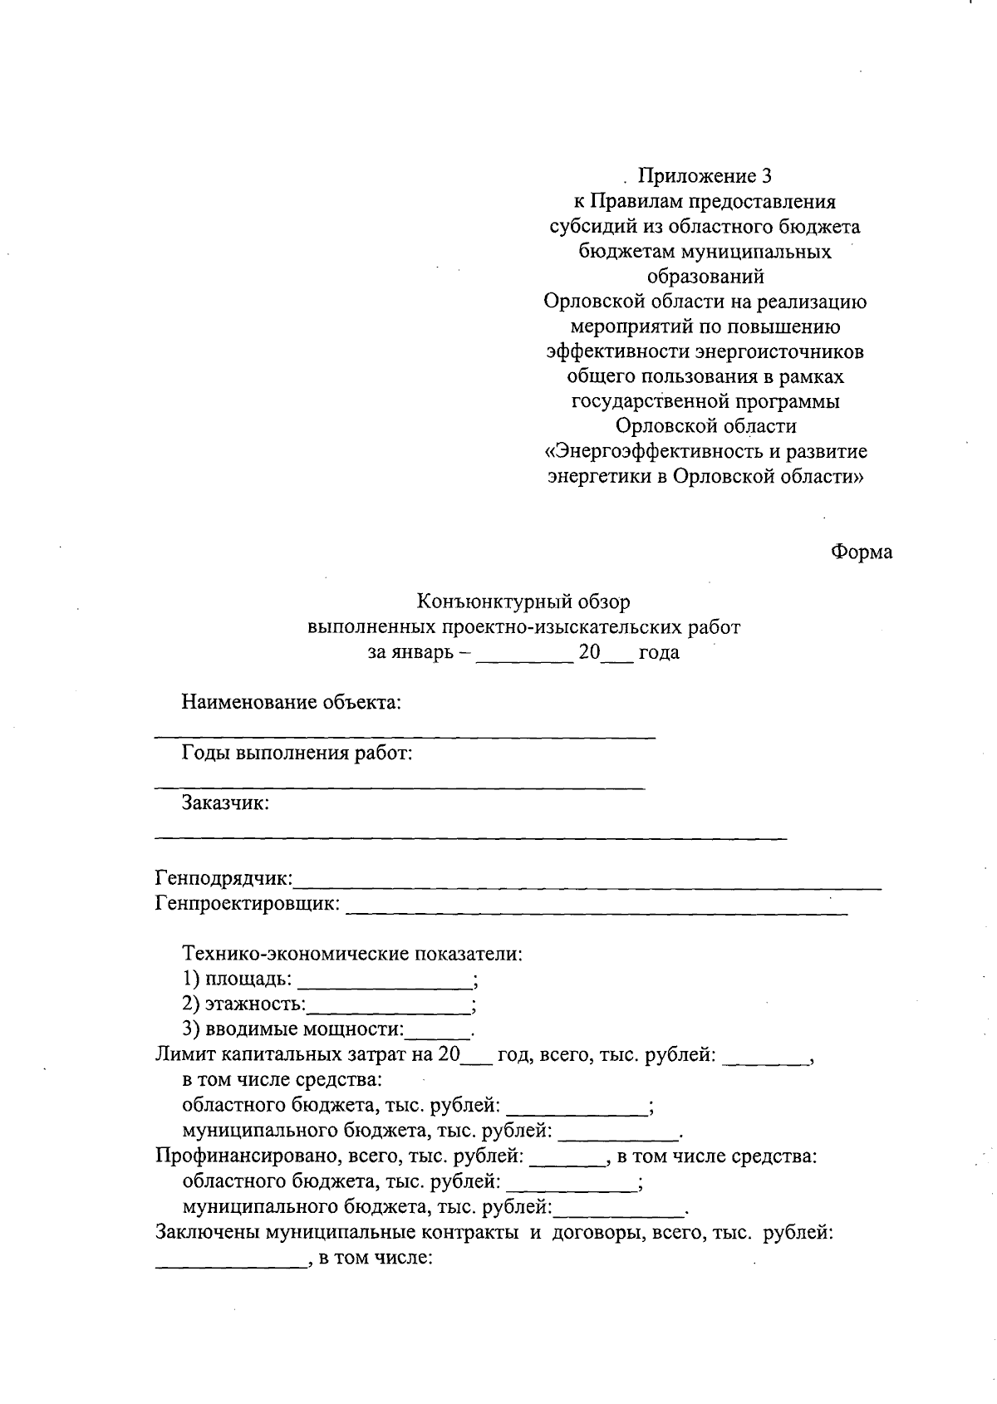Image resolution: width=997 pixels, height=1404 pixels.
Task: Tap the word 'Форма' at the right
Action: [862, 552]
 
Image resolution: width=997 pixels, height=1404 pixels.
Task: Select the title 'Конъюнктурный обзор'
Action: [523, 601]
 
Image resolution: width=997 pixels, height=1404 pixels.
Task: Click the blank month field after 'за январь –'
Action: [524, 653]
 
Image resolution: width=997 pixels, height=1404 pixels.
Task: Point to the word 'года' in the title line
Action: [659, 652]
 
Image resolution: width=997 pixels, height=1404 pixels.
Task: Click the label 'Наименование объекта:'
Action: [292, 703]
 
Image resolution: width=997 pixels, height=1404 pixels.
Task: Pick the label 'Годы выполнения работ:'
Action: [297, 754]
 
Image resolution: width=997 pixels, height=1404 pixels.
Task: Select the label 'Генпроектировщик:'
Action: [248, 903]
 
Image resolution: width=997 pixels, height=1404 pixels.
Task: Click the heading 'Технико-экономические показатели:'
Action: [352, 954]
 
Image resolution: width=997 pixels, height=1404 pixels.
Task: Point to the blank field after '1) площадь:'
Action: [384, 980]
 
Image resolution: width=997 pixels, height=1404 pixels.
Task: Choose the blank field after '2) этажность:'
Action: [388, 1006]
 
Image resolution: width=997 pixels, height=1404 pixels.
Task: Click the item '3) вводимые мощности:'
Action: [292, 1030]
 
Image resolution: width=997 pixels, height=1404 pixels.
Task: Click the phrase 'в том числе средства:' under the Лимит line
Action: [282, 1080]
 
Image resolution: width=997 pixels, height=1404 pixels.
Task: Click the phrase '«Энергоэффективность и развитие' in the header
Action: [705, 451]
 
